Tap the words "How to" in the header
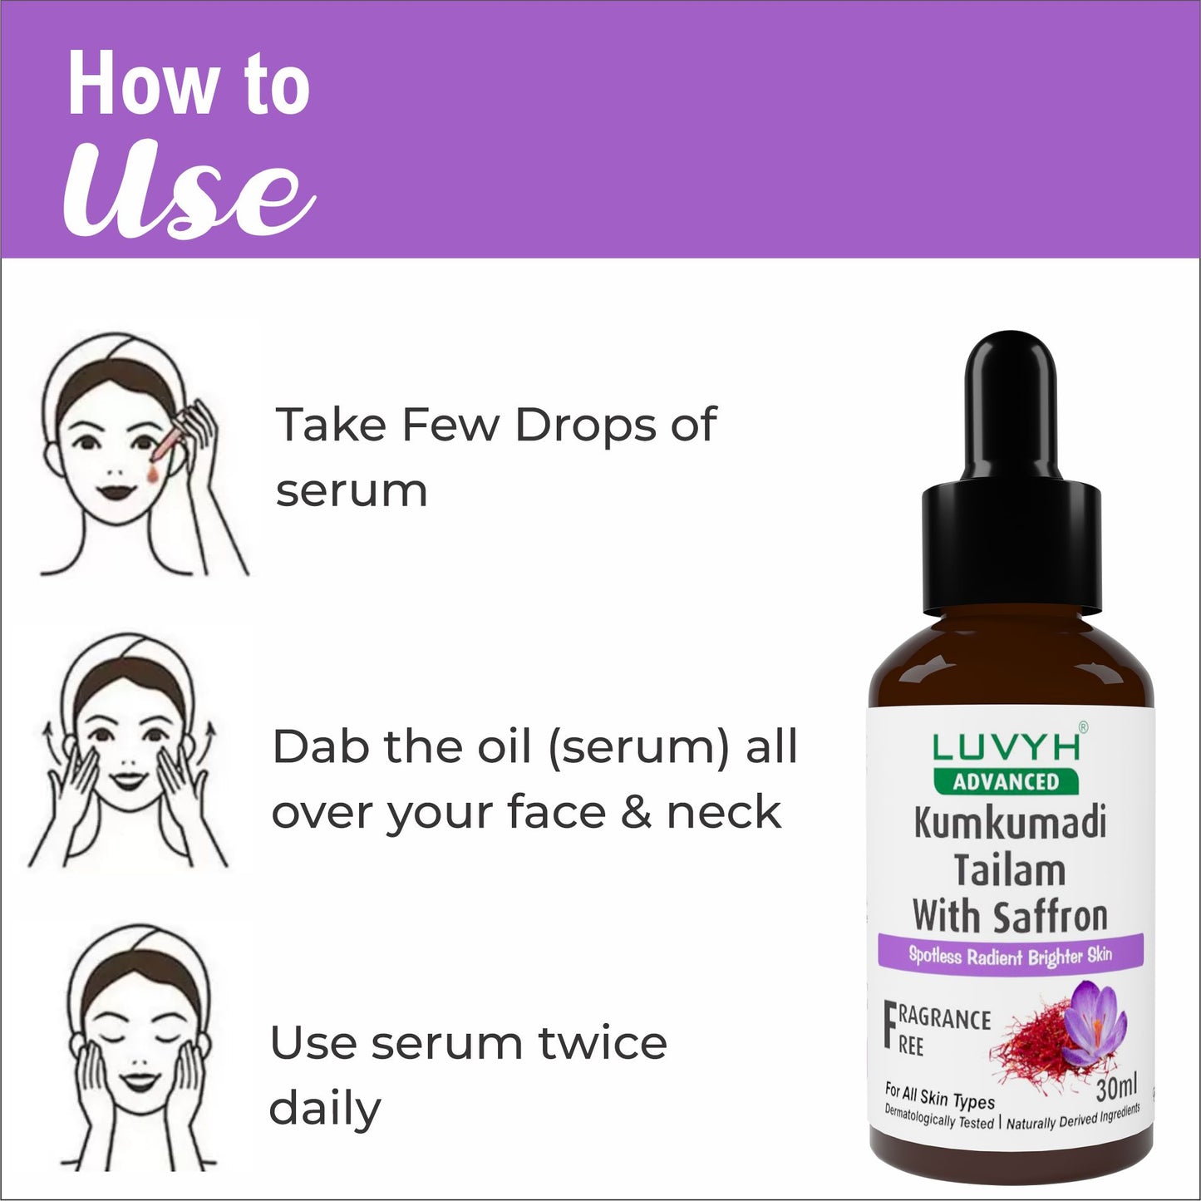tap(189, 83)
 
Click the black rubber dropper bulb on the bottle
tap(1011, 407)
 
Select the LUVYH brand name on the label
tap(1006, 748)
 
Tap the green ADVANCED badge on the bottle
tap(1006, 781)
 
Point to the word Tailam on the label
tap(1010, 870)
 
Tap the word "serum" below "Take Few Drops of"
tap(352, 491)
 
